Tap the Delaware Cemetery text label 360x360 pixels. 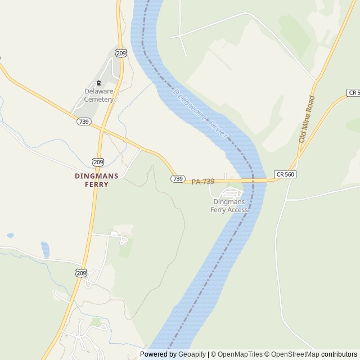tap(99, 95)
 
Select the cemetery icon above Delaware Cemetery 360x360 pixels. tap(99, 83)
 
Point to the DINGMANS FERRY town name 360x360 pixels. tap(97, 179)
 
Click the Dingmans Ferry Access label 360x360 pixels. tap(229, 206)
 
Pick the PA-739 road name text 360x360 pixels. tap(203, 182)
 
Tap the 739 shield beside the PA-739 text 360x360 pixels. tap(178, 178)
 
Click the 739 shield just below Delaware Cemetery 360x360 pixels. tap(84, 121)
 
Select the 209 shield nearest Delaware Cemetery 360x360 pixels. tap(121, 53)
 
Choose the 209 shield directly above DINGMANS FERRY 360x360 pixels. tap(98, 162)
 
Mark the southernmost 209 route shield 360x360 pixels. tap(82, 273)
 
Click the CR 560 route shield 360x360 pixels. tap(285, 174)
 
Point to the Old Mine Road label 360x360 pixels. tap(307, 119)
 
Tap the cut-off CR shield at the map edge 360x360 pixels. tap(354, 92)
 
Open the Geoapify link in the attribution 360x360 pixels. tap(192, 354)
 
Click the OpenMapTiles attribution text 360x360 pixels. tap(237, 354)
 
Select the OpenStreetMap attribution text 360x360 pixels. tap(292, 354)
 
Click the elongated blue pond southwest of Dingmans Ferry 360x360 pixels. tap(45, 249)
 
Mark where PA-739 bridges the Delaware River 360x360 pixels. tap(252, 181)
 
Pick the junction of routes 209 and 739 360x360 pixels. tap(101, 131)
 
